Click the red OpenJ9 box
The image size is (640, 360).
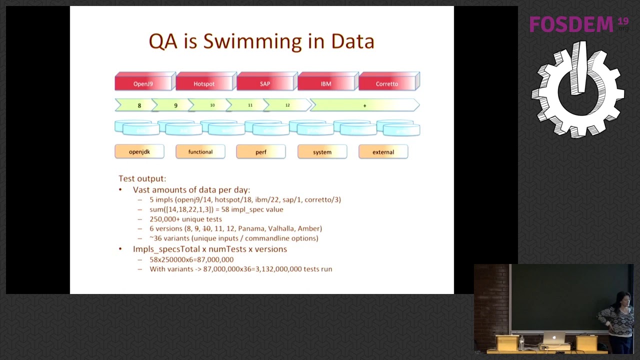[143, 83]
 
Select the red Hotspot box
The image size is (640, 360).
[204, 83]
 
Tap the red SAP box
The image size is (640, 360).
[265, 83]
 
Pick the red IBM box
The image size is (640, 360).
[326, 83]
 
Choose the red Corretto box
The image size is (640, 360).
[387, 83]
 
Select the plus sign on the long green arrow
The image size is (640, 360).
[364, 105]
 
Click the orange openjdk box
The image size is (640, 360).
[139, 152]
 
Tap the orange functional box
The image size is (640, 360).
[200, 152]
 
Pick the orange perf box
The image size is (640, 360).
[261, 152]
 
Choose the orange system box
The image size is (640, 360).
[322, 152]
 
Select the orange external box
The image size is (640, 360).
[383, 152]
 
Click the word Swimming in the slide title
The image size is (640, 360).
[252, 41]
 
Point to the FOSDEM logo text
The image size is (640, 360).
[571, 24]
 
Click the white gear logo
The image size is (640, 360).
[578, 90]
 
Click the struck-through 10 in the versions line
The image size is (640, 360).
[206, 228]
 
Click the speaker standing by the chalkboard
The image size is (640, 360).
[618, 320]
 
